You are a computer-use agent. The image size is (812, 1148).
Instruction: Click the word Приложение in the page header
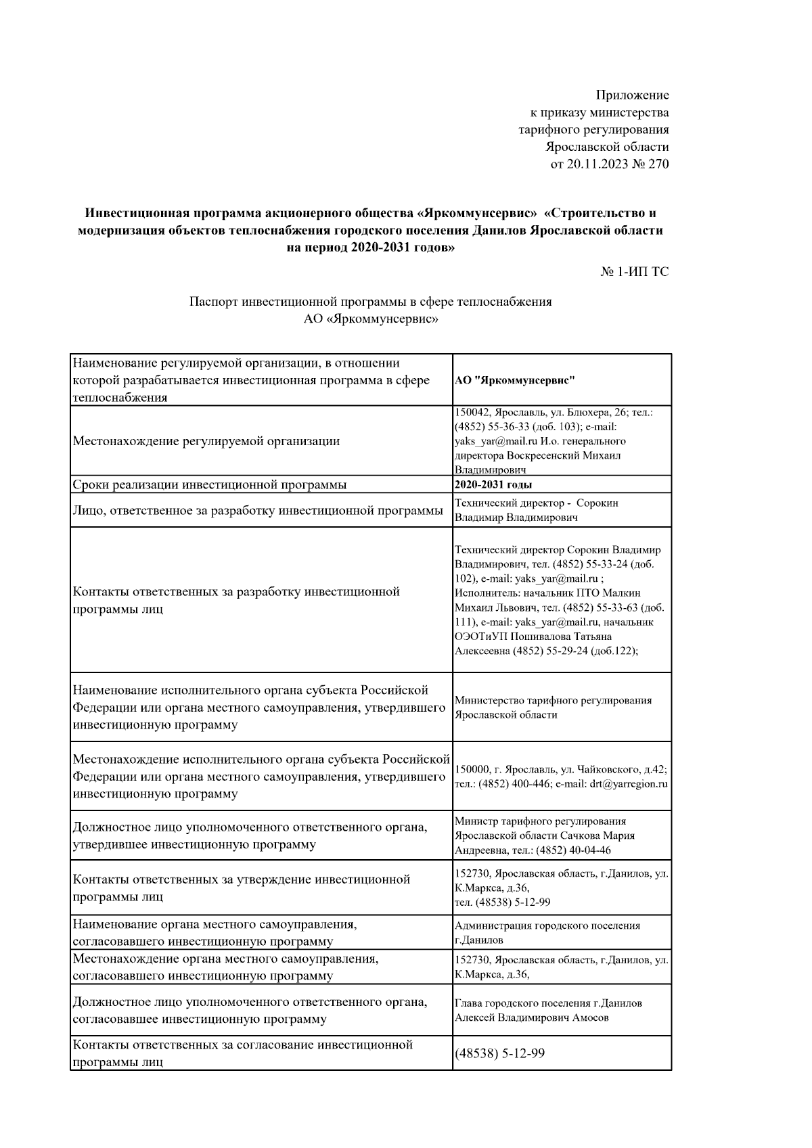pos(632,95)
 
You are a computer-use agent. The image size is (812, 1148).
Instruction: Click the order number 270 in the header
pos(658,164)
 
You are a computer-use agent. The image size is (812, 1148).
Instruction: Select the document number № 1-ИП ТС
pos(634,272)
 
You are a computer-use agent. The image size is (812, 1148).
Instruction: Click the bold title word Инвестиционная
pos(133,213)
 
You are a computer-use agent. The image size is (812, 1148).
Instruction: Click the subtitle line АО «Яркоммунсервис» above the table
pos(370,319)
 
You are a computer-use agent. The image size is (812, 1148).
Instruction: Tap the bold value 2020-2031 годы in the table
pos(493,484)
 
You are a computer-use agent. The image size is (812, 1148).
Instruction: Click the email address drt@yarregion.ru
pos(629,784)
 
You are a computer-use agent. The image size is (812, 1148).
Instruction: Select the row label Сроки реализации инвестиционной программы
pos(210,484)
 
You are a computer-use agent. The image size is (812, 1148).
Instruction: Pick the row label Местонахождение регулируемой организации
pos(206,441)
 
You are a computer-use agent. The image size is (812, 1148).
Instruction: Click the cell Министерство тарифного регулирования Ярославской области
pos(554,708)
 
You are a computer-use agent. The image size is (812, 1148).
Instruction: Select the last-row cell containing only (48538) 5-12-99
pos(500,1053)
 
